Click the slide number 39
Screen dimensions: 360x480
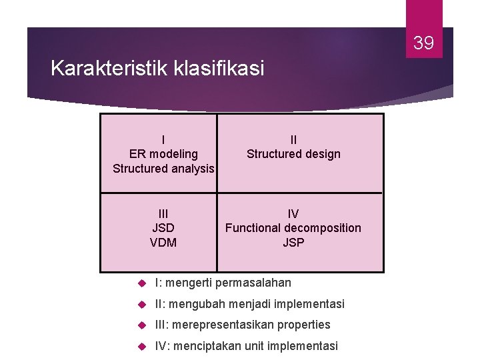424,43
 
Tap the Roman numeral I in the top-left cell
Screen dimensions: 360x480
163,140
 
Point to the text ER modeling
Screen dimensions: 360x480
163,154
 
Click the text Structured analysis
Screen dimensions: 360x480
163,169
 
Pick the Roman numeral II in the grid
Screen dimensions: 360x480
293,140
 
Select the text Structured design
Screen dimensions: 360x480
293,154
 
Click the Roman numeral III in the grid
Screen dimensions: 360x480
163,213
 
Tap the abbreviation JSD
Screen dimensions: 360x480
163,228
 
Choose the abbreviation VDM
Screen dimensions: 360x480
163,243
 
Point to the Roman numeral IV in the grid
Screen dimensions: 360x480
293,213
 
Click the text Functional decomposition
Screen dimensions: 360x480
293,228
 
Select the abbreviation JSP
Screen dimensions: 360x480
293,243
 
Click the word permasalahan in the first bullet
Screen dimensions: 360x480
253,283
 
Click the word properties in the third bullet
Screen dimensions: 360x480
304,325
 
